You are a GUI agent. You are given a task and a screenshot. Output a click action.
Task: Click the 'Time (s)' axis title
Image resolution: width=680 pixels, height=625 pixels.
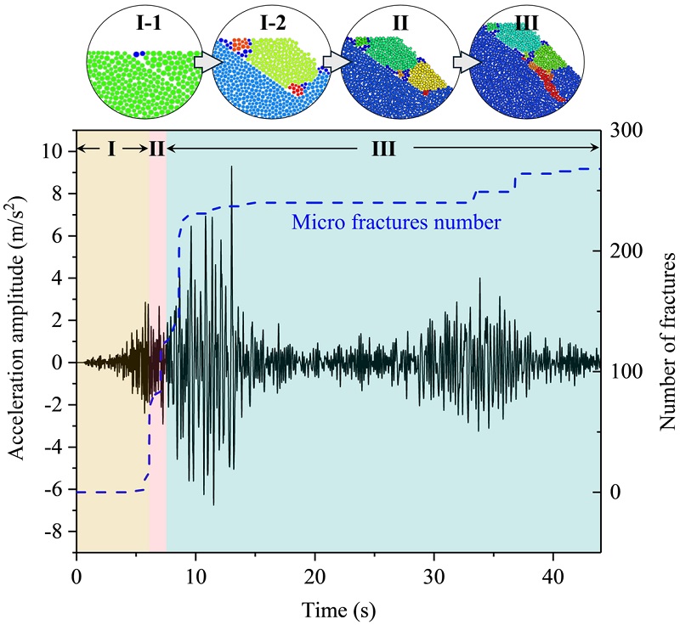(339, 608)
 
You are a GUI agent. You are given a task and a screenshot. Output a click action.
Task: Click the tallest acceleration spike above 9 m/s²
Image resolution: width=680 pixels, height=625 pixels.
(231, 168)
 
